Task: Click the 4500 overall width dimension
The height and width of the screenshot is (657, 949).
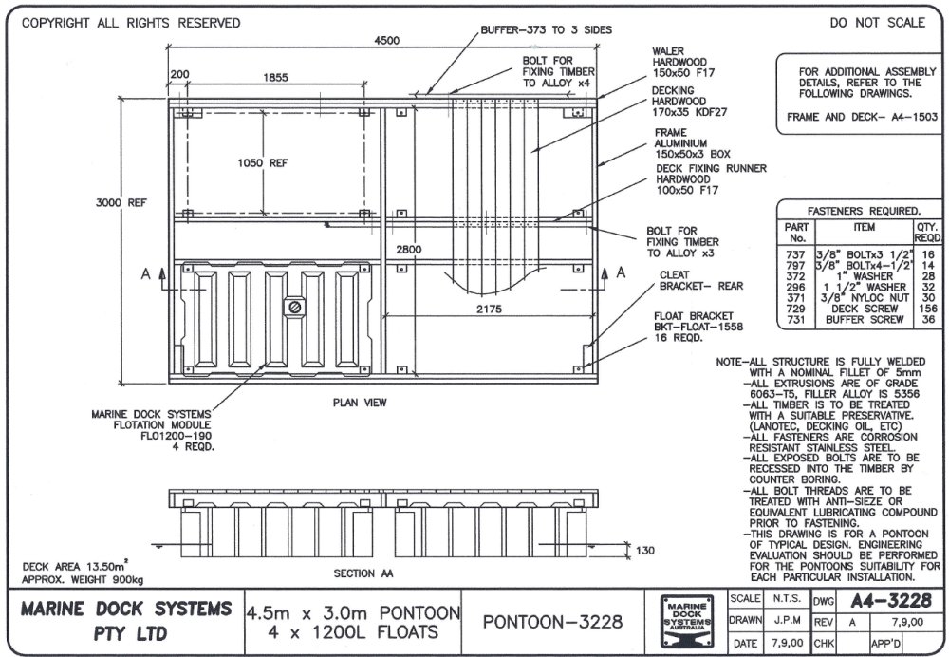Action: (x=387, y=40)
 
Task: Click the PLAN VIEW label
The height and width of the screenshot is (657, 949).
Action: (x=359, y=403)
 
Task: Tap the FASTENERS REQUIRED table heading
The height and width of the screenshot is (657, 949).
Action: (x=862, y=210)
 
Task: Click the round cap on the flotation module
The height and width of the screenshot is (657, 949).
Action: (x=295, y=308)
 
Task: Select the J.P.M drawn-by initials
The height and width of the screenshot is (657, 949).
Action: (x=785, y=621)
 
